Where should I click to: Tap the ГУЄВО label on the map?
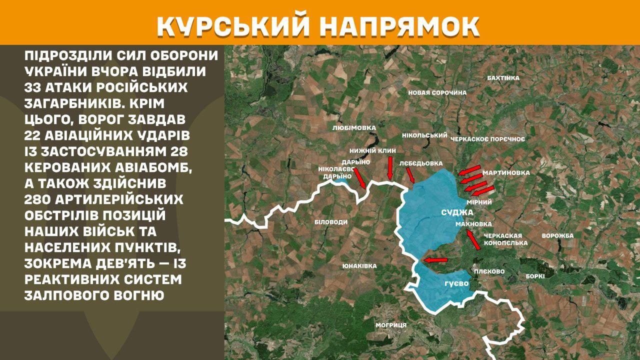[x=456, y=283]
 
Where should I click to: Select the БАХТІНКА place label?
[x=503, y=78]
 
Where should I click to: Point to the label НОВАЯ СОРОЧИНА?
[x=437, y=92]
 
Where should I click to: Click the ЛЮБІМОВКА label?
[x=353, y=128]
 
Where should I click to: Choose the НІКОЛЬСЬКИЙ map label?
[x=424, y=135]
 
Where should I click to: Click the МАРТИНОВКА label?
[x=506, y=173]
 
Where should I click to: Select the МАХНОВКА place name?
[x=473, y=224]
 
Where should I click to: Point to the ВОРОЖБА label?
[x=557, y=235]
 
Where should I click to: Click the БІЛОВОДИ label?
[x=331, y=221]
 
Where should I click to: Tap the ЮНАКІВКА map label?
[x=359, y=266]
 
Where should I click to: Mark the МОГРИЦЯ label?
[x=391, y=325]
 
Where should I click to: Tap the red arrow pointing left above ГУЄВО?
[x=435, y=260]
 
